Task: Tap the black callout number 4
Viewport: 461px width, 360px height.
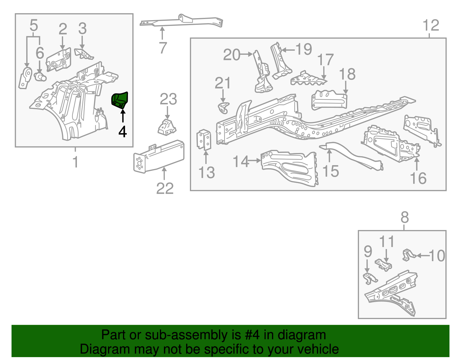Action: [122, 132]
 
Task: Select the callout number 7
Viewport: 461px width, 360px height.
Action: [163, 48]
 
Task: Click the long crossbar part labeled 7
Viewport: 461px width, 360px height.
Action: [182, 21]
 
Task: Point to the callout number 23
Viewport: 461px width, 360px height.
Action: [168, 99]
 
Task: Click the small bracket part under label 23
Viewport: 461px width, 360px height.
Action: [167, 127]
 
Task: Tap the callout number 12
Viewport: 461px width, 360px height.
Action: [431, 25]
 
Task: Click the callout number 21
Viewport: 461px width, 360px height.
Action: [223, 83]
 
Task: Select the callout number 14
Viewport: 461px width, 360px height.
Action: [241, 161]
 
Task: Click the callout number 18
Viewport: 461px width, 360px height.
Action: [347, 74]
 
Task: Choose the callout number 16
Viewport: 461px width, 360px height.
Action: [418, 178]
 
